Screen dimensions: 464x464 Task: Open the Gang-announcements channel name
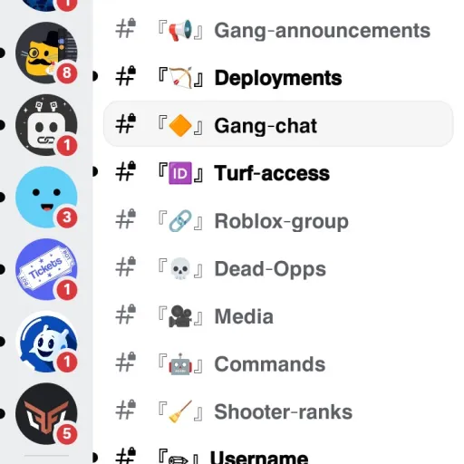click(x=322, y=31)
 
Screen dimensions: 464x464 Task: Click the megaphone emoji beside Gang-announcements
click(x=180, y=30)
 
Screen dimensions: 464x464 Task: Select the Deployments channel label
click(x=278, y=78)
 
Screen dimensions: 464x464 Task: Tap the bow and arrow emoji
click(x=180, y=78)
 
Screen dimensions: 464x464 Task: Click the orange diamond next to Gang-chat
click(x=180, y=126)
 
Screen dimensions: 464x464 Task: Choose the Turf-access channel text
click(x=272, y=173)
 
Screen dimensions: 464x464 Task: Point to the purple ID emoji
click(x=180, y=173)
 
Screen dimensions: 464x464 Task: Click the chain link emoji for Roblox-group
click(x=180, y=221)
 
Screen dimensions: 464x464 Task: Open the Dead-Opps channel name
click(x=270, y=269)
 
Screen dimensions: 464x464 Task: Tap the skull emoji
click(x=180, y=268)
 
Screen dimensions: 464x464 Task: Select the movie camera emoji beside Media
click(x=180, y=316)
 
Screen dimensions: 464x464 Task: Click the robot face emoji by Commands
click(x=180, y=364)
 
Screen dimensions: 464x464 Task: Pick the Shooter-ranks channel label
click(x=284, y=411)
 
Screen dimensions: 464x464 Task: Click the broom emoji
click(x=180, y=411)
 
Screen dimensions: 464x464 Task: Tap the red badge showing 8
click(x=67, y=72)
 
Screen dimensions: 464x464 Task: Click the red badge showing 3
click(x=67, y=217)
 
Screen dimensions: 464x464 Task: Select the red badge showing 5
click(x=67, y=434)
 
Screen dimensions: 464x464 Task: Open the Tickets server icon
click(x=46, y=269)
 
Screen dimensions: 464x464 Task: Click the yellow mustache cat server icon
click(x=46, y=53)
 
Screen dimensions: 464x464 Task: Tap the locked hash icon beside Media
click(x=126, y=314)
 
